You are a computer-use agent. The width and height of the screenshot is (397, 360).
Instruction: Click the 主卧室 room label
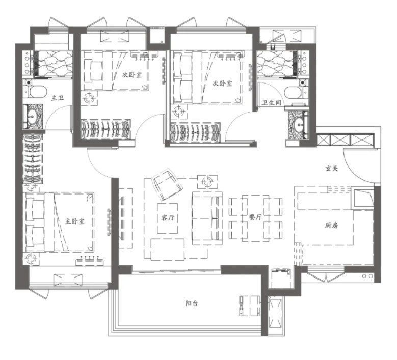75,221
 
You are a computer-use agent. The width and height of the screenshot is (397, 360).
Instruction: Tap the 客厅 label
168,218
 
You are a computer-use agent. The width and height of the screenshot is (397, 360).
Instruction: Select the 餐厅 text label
255,217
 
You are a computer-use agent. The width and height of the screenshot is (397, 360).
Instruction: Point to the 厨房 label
331,225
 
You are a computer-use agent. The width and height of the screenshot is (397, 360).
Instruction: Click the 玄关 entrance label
332,168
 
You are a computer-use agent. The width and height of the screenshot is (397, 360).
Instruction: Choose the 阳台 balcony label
192,303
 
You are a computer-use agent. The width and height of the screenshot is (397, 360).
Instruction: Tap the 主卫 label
58,98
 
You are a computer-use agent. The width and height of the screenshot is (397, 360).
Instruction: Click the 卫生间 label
272,102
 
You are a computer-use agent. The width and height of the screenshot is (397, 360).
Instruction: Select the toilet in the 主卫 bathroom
35,92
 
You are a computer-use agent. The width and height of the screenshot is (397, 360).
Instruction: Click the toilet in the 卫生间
296,93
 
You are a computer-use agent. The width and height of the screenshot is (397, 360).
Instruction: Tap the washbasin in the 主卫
33,117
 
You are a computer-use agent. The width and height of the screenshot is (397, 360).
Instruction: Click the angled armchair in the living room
167,185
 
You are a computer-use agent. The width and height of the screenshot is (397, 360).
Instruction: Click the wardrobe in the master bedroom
33,159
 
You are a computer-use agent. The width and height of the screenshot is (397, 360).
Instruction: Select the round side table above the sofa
207,181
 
